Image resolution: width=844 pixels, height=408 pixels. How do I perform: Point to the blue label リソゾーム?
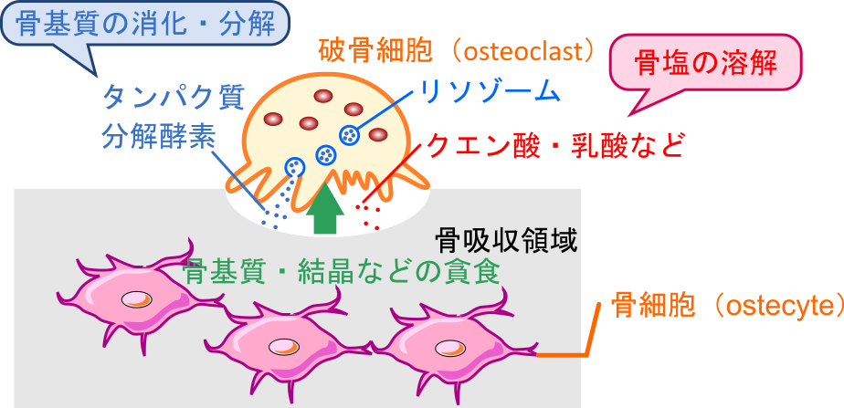point(490,89)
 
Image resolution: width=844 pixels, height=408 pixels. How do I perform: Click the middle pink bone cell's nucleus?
point(282,345)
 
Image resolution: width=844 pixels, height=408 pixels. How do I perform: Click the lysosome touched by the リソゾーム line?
point(349,135)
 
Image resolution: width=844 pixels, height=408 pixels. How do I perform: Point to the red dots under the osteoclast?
point(368,215)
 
